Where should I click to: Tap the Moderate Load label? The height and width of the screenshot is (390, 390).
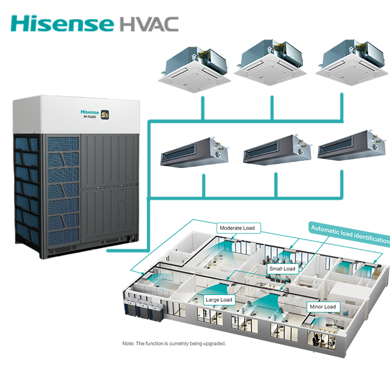click(x=237, y=228)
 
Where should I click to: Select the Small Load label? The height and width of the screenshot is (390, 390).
click(x=282, y=269)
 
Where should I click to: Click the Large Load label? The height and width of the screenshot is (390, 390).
click(x=218, y=299)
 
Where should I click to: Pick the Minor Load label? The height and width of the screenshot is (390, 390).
click(x=323, y=307)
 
